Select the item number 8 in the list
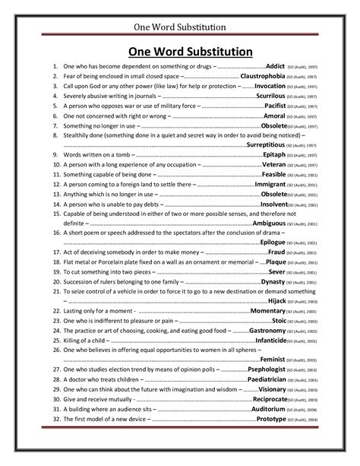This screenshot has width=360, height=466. coord(57,134)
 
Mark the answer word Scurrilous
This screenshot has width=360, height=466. coord(273,98)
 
